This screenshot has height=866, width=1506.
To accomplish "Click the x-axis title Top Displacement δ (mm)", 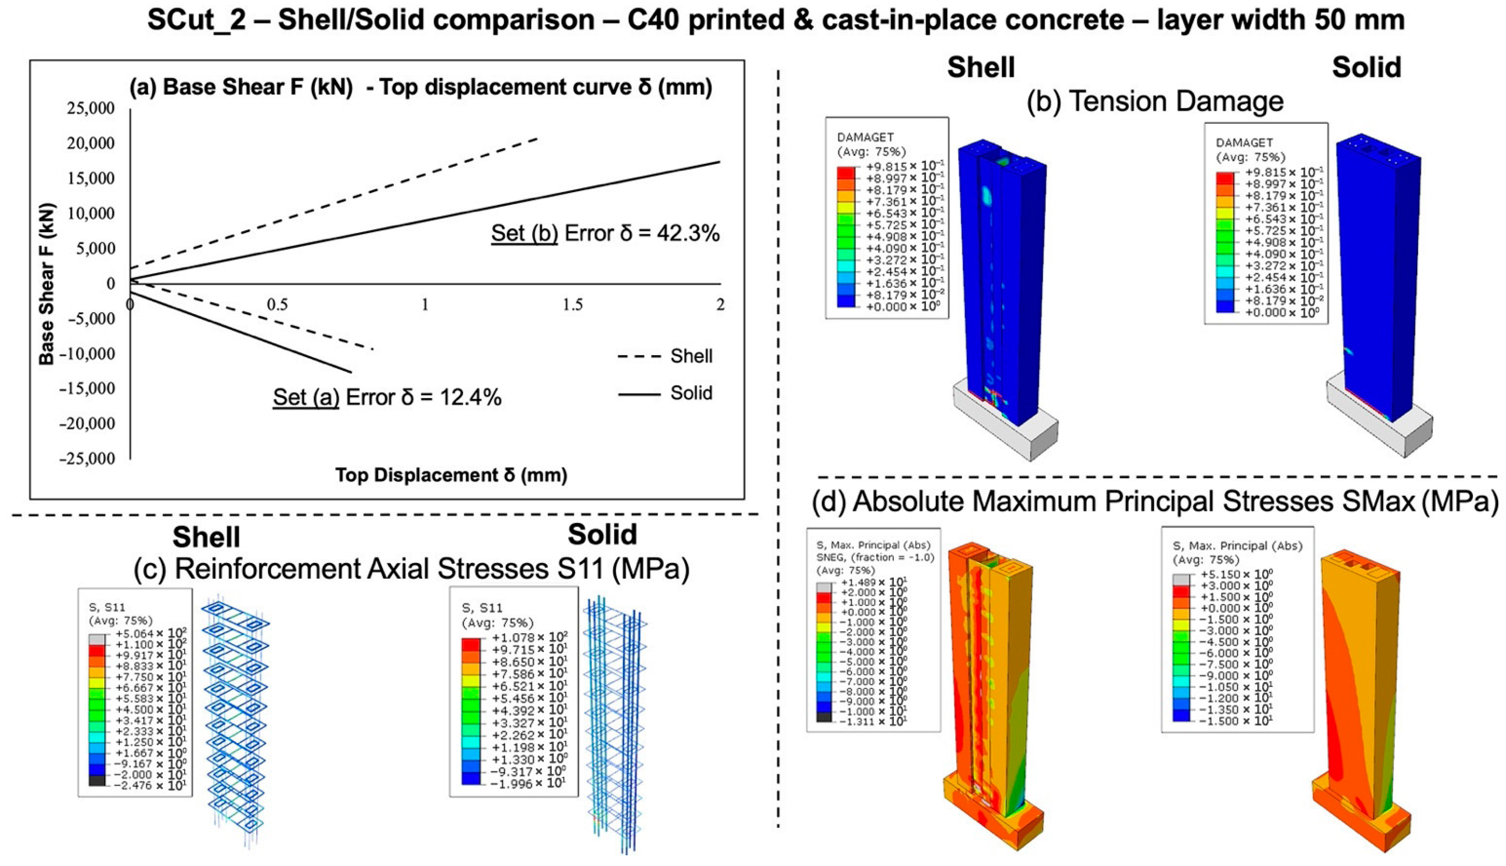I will pyautogui.click(x=451, y=475).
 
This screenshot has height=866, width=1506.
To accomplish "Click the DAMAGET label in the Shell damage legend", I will pyautogui.click(x=865, y=137).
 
